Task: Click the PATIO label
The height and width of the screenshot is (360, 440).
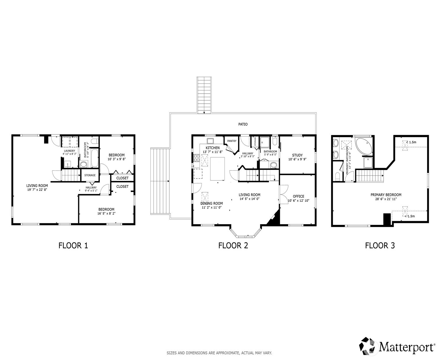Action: click(x=243, y=124)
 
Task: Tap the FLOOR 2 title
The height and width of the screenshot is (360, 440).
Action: click(x=233, y=245)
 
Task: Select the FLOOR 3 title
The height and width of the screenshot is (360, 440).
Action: click(x=380, y=245)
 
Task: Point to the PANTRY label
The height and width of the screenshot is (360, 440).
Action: click(x=232, y=141)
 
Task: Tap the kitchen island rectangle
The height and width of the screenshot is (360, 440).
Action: click(x=217, y=169)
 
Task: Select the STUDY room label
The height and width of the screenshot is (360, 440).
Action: click(x=297, y=155)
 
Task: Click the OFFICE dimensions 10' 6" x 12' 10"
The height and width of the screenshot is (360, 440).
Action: click(x=299, y=201)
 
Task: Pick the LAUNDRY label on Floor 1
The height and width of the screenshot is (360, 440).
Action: click(x=70, y=151)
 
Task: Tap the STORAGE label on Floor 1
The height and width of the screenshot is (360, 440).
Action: click(x=90, y=175)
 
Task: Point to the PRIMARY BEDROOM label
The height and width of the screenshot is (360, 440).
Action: click(x=386, y=195)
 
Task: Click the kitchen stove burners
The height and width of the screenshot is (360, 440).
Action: click(x=196, y=158)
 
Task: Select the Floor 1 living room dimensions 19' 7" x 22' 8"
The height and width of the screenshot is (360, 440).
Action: click(x=37, y=190)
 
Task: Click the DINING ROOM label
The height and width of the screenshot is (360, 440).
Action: click(x=212, y=203)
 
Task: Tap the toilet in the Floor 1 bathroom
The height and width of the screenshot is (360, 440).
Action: click(x=95, y=141)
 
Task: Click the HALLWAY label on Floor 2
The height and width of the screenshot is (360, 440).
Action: click(x=248, y=153)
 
